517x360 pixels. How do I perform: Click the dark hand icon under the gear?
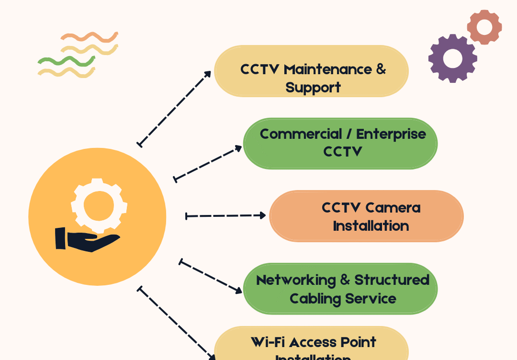pos(86,239)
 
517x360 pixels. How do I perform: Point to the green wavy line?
pos(66,60)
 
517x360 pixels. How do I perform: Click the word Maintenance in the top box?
pos(327,69)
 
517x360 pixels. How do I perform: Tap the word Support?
pos(313,88)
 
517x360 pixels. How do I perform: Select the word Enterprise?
pos(391,134)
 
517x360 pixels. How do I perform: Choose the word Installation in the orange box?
pos(371,226)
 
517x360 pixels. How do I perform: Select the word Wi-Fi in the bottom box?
pos(268,342)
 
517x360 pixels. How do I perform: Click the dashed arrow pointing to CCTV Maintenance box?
pos(175,108)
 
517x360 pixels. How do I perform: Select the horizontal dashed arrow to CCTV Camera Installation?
pos(225,216)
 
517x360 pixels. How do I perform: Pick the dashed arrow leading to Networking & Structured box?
pos(211,277)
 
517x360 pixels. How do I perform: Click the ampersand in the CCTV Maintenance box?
pos(381,69)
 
